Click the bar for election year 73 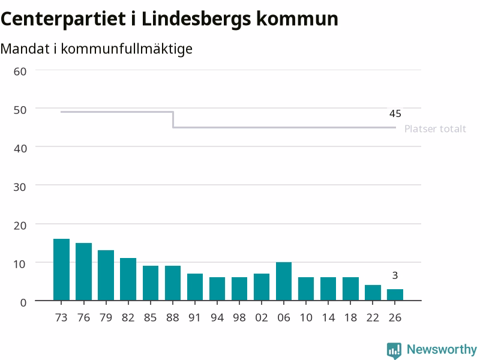[x=61, y=269]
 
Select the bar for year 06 [x=284, y=281]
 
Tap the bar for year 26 [x=395, y=295]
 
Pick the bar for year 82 [x=128, y=279]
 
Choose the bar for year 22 [x=373, y=293]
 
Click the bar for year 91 [x=194, y=287]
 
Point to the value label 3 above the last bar [x=395, y=275]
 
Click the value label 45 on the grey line [x=395, y=113]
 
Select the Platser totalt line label [x=435, y=128]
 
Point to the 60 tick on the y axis [x=20, y=71]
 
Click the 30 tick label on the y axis [x=20, y=187]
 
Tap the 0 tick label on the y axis [x=23, y=303]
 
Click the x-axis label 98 [x=239, y=317]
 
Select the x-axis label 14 [x=328, y=317]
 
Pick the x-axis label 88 [x=173, y=317]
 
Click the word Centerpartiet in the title [x=64, y=19]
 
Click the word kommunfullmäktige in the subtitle [x=127, y=49]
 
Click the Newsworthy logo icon [x=394, y=350]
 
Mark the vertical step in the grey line [x=173, y=119]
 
